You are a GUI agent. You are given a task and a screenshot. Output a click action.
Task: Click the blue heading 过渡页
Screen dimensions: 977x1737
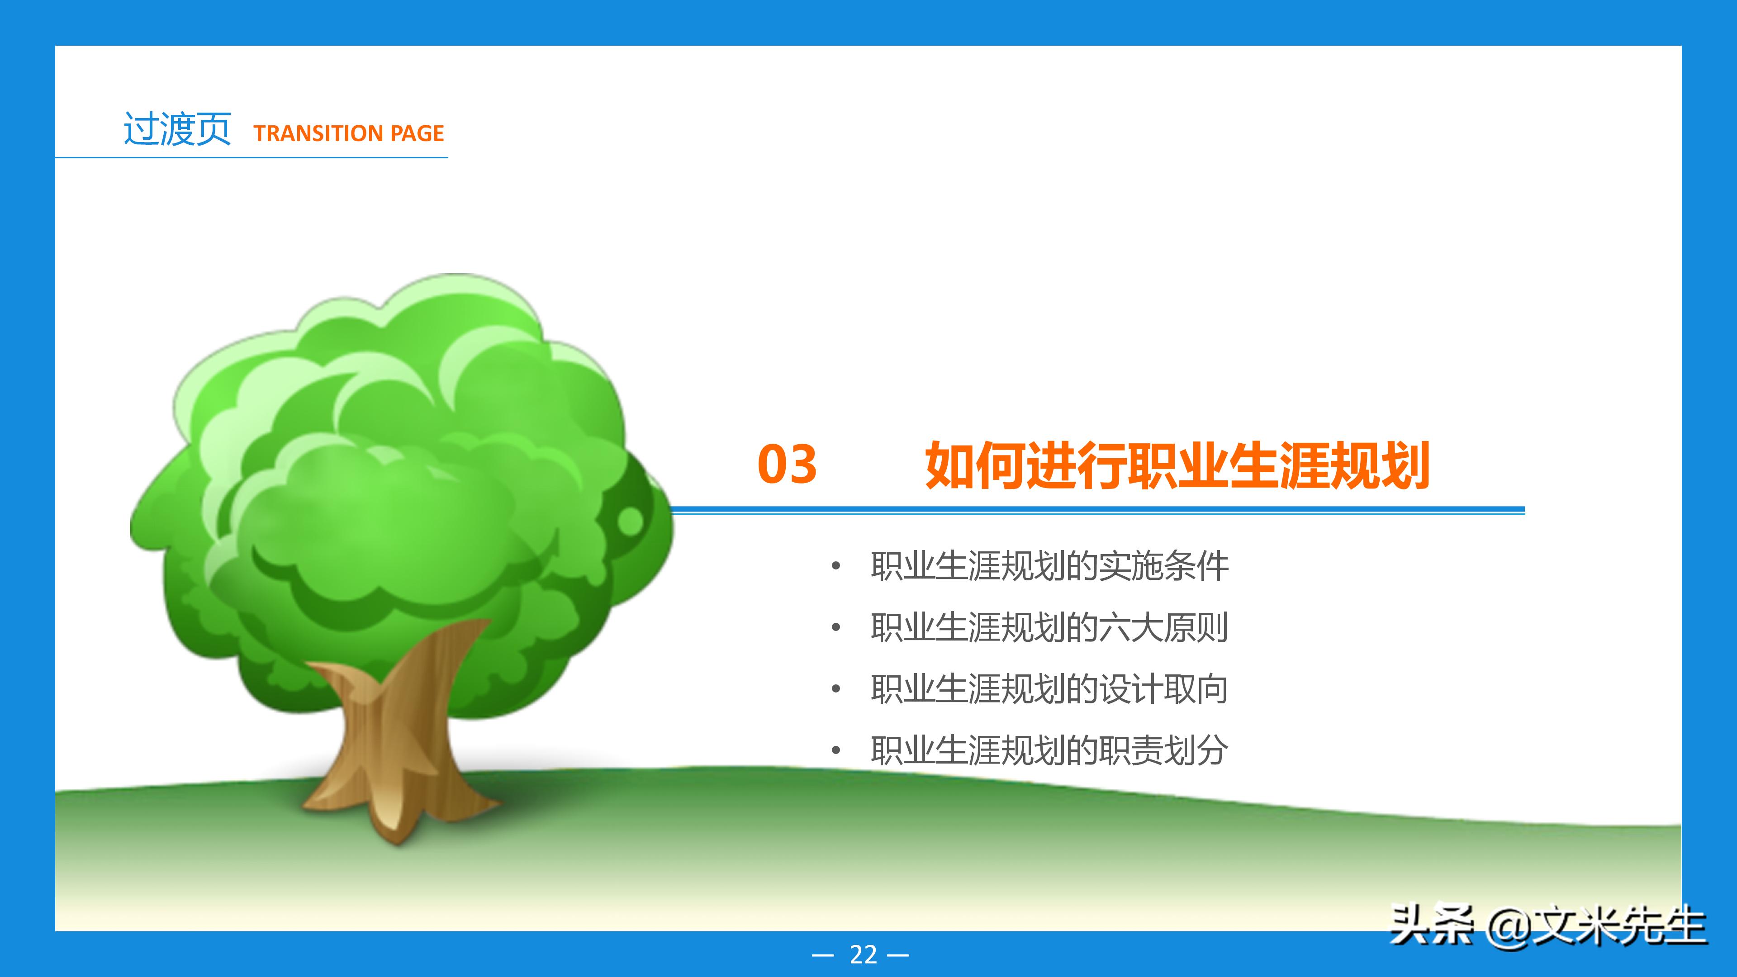point(177,129)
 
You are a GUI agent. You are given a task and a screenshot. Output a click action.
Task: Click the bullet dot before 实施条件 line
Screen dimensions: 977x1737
point(836,566)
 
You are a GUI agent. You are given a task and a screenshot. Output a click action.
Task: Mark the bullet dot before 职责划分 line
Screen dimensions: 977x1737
point(836,750)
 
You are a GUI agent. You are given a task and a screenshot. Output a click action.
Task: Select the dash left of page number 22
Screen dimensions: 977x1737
point(823,955)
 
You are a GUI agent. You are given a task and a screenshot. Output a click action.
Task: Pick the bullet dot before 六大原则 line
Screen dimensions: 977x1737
point(836,628)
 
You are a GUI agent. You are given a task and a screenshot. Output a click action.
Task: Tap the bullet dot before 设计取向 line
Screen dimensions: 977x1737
point(836,689)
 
